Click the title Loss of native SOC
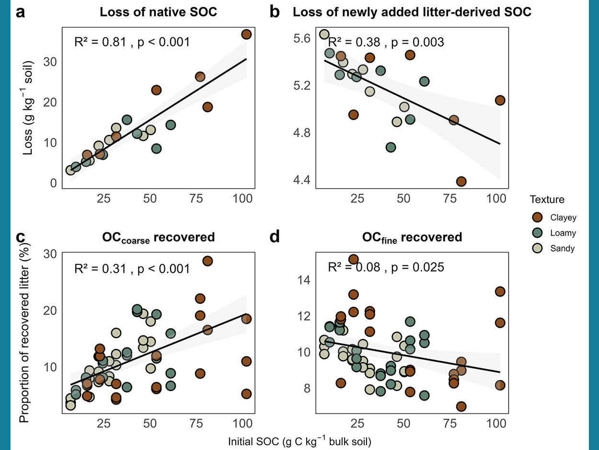coord(158,12)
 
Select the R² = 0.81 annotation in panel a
coord(99,42)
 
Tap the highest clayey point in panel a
coord(246,35)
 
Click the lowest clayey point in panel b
coord(461,181)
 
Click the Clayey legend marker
coord(537,217)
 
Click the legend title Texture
coord(547,199)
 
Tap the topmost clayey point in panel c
coord(207,261)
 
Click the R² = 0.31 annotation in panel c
coord(99,269)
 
